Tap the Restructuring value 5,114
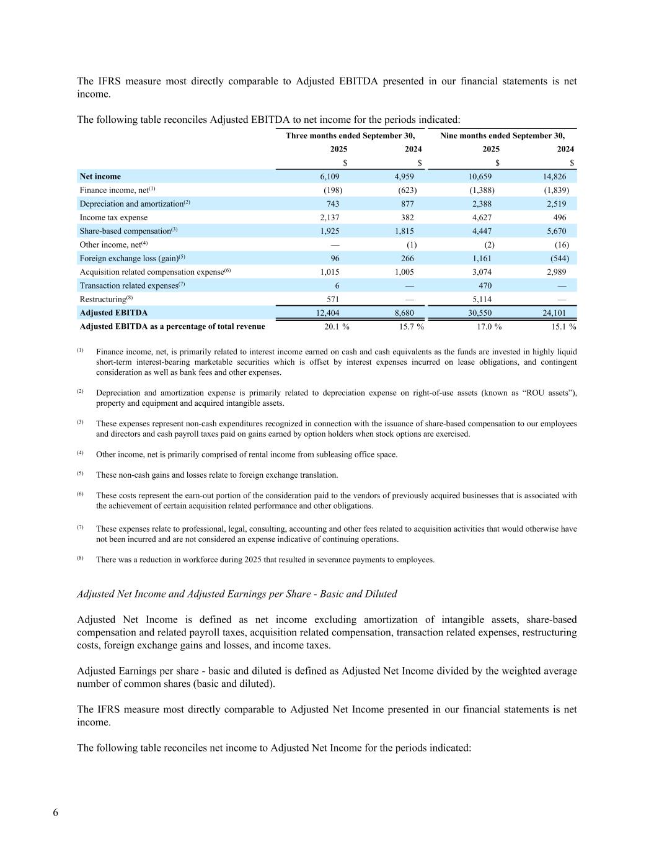[482, 300]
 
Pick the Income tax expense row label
[113, 218]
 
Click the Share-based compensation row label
[125, 231]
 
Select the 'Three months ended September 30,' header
[350, 136]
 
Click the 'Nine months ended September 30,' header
[502, 136]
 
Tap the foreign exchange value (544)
[559, 259]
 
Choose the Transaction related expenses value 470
[485, 286]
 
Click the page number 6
[56, 813]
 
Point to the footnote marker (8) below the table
[80, 558]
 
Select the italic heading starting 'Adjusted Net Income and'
[237, 594]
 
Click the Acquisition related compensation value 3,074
[482, 272]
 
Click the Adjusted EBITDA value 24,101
[554, 313]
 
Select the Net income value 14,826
[554, 177]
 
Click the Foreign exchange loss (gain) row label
[129, 259]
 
